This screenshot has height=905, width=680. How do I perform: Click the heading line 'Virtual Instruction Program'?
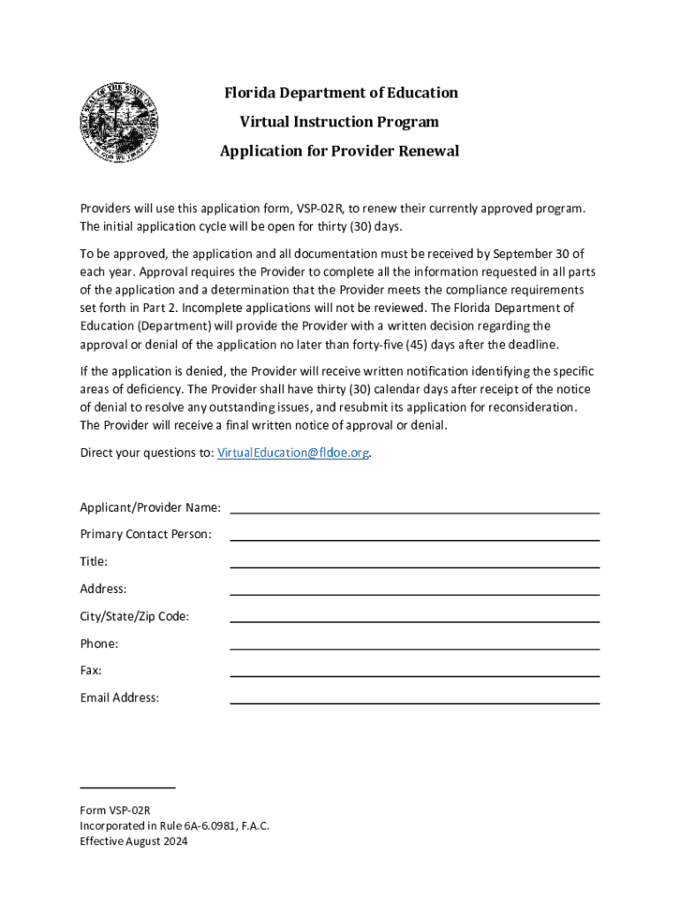tap(339, 122)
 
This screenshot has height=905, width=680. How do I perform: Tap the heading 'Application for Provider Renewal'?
tap(339, 151)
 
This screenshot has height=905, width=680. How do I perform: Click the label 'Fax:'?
tap(91, 671)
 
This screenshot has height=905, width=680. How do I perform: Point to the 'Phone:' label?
tap(99, 643)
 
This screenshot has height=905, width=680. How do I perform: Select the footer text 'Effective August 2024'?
tap(133, 841)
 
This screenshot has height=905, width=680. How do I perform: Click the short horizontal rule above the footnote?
tap(127, 786)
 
